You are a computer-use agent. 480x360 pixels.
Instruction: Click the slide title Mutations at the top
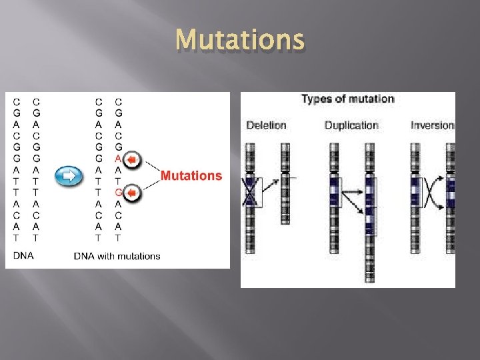click(240, 41)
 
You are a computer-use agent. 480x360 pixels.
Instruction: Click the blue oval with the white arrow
click(69, 176)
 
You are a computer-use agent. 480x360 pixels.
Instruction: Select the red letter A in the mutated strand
click(118, 158)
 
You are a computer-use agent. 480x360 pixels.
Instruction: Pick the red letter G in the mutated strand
click(118, 193)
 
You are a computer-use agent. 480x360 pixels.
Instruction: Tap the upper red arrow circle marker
click(134, 159)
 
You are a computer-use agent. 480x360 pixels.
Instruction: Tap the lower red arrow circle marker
click(134, 193)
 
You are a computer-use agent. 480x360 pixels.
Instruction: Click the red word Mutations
click(191, 176)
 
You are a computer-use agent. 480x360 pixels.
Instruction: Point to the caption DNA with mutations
click(117, 256)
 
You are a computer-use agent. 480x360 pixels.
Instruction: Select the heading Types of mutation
click(347, 99)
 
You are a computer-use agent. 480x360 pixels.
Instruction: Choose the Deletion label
click(266, 125)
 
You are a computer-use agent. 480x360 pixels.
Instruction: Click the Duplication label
click(351, 125)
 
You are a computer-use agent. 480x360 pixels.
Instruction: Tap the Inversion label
click(433, 125)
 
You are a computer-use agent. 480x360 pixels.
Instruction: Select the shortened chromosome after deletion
click(285, 187)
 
